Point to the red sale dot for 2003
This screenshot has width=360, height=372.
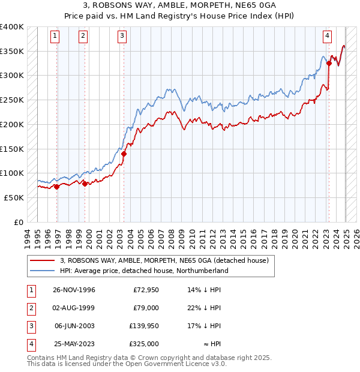(x=124, y=154)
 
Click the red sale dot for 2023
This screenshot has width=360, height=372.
(x=329, y=63)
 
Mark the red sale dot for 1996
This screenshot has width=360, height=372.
(x=57, y=187)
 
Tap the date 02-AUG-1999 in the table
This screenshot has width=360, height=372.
(x=74, y=308)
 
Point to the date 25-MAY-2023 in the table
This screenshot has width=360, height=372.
(x=74, y=344)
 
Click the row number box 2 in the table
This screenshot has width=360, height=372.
(x=29, y=308)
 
